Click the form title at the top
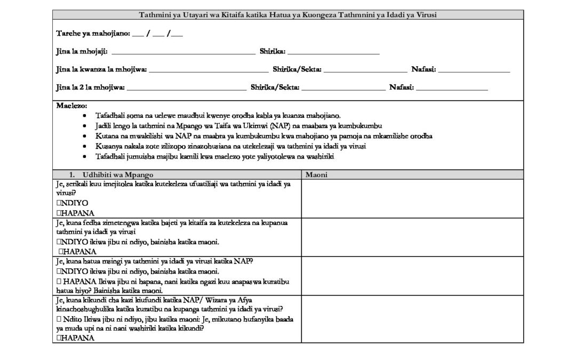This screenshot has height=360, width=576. coord(288,15)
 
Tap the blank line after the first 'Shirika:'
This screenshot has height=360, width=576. coord(333,52)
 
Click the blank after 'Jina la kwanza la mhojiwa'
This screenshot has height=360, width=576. coord(209,69)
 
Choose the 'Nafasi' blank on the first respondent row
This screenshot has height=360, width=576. coord(474,69)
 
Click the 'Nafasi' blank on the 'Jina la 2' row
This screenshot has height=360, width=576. coord(452,87)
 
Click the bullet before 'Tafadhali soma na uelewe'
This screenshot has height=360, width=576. coord(87,116)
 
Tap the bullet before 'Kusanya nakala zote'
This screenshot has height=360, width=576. coord(87,146)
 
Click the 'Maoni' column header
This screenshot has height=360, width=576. coord(316,174)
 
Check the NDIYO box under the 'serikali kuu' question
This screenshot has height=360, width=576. coord(58,204)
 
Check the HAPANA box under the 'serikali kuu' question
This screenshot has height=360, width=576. coord(58,213)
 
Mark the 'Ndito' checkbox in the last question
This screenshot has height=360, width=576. coord(58,318)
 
